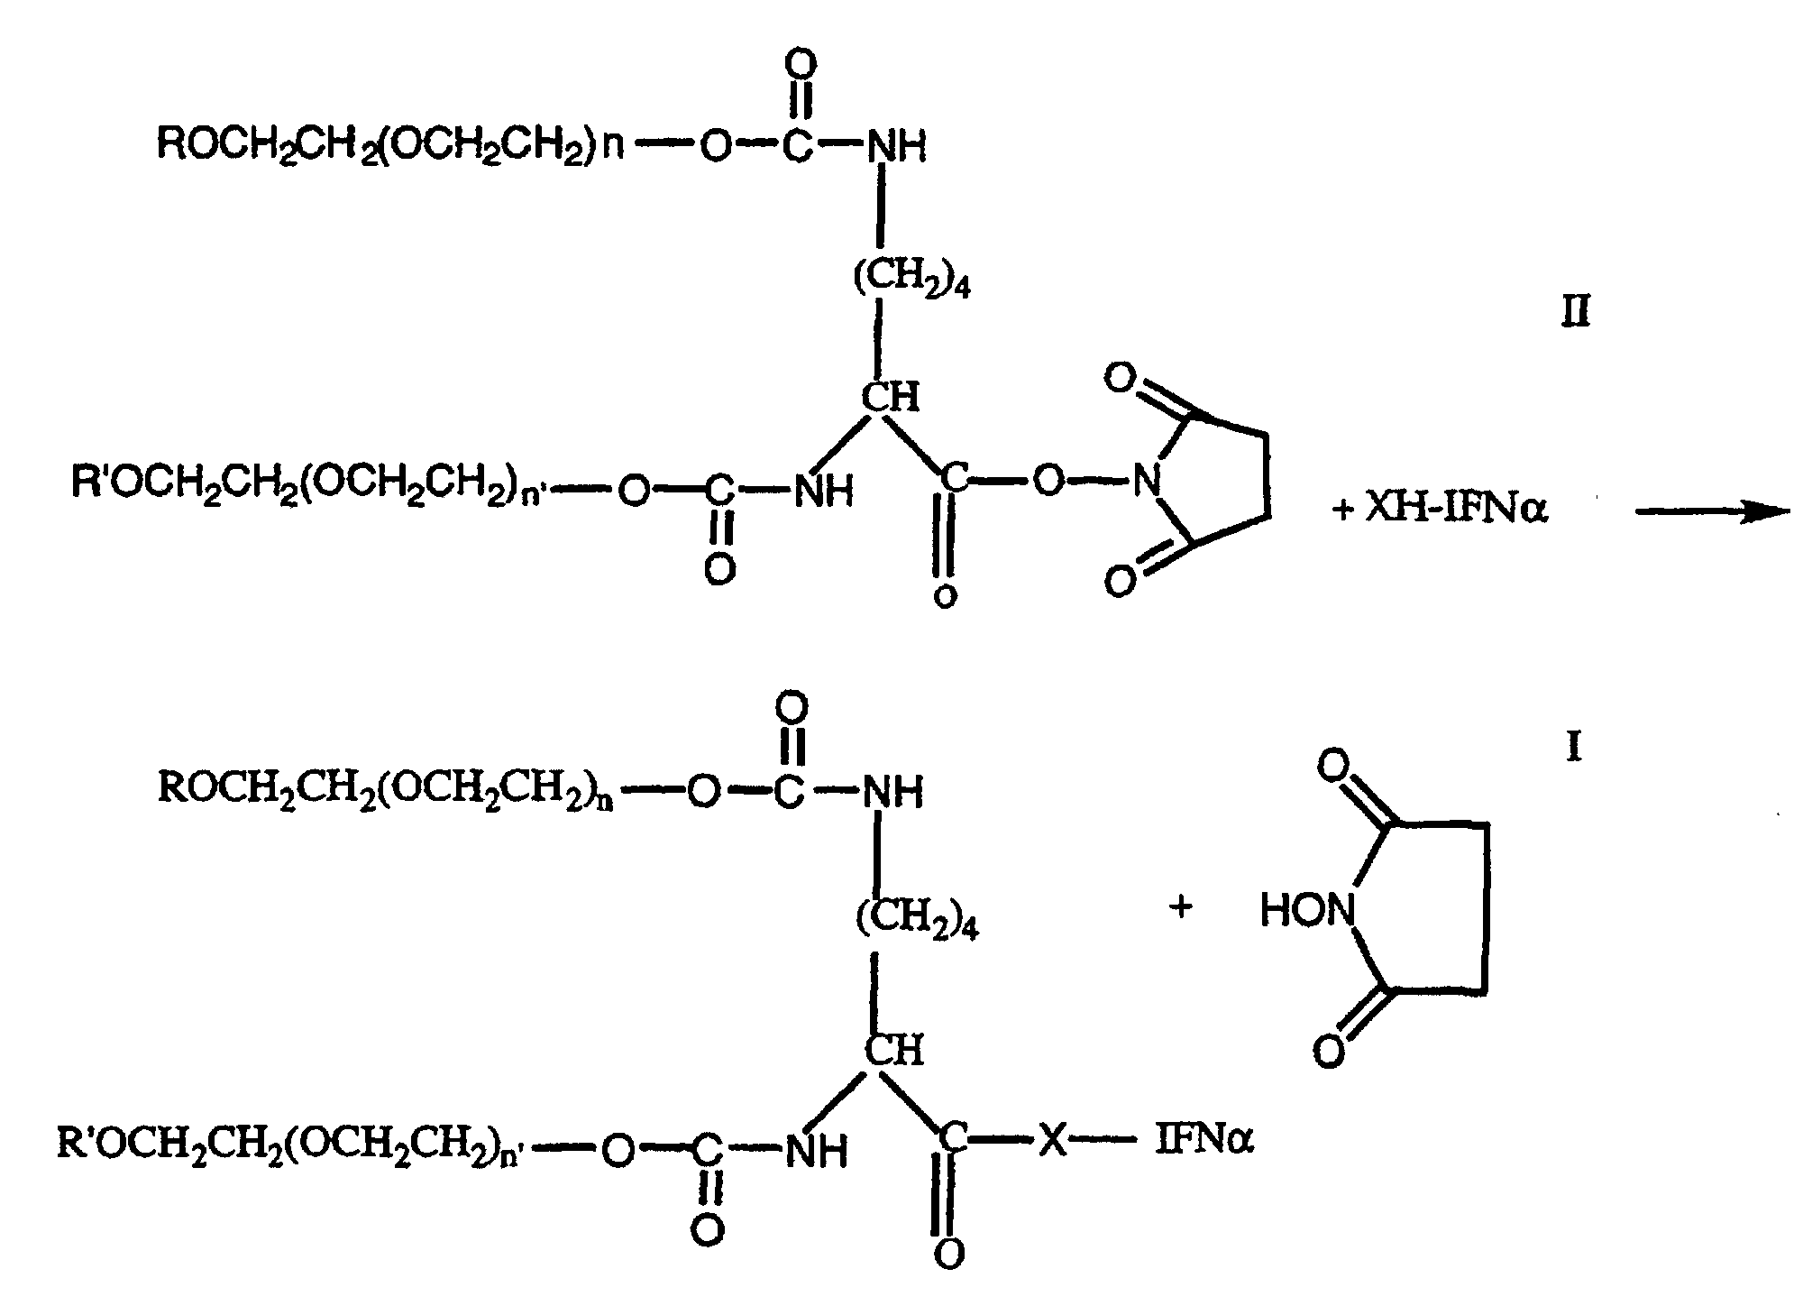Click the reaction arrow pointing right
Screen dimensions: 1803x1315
tap(1711, 512)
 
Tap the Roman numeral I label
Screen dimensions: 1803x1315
tap(1574, 748)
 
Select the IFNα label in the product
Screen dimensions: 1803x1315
tap(1204, 1143)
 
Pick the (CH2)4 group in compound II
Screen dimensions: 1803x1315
tap(911, 281)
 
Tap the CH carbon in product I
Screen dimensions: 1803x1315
tap(894, 1050)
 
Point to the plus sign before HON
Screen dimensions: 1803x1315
tap(1180, 906)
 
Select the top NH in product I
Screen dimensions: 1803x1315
tap(893, 794)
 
